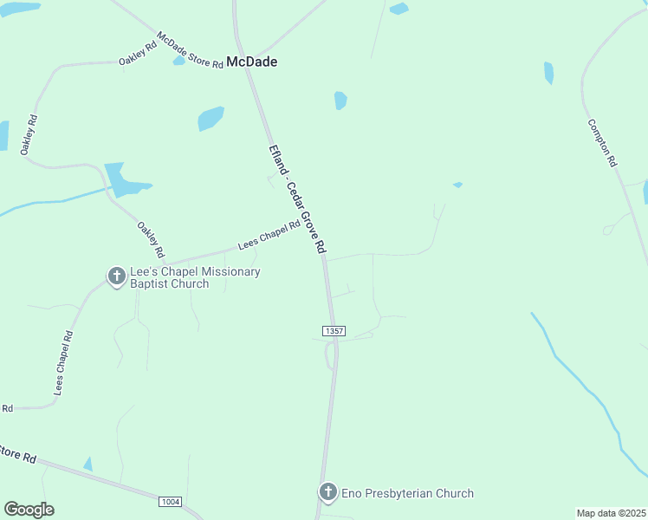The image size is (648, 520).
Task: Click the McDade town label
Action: point(251,62)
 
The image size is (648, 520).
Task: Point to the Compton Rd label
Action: point(601,143)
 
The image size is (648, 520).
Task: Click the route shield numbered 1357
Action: point(334,331)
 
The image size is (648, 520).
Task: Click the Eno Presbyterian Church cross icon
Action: point(327,492)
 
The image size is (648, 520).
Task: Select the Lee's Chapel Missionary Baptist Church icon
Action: point(116,276)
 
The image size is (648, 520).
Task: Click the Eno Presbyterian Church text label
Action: point(407,493)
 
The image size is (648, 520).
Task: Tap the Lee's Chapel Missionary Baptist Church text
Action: point(194,277)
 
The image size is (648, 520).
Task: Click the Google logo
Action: point(29,510)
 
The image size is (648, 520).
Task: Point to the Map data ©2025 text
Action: point(611,513)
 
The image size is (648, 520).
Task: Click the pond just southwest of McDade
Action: point(211,118)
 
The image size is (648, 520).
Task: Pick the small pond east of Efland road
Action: point(340,101)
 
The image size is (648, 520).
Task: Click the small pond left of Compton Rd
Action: point(548,73)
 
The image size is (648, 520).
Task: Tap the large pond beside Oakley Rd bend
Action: point(124,179)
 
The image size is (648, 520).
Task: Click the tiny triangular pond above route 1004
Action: point(87,464)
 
